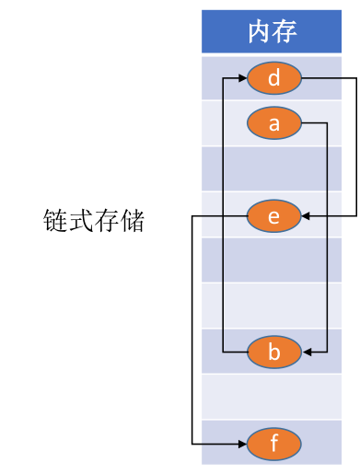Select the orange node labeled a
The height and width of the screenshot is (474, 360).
coord(273,123)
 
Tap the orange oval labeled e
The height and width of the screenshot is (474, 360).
coord(273,216)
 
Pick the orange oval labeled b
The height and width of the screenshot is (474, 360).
coord(273,352)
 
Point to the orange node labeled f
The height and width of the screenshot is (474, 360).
coord(273,445)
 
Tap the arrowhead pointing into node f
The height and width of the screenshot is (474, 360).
coord(241,445)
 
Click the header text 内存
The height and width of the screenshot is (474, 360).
coord(273,32)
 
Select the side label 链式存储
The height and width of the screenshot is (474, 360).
coord(94,221)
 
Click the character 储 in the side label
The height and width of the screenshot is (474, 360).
coord(133,221)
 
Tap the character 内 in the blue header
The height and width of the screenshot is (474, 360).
coord(260,32)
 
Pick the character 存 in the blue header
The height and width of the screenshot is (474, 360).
coord(285,32)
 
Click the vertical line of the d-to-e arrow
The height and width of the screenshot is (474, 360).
coord(354,147)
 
